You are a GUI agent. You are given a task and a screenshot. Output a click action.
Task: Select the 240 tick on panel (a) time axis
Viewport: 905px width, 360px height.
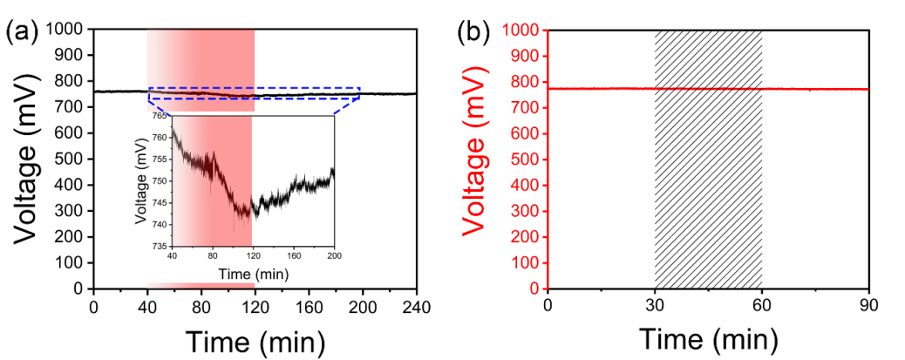point(416,308)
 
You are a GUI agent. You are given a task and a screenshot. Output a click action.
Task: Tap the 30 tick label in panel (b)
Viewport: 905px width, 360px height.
point(655,307)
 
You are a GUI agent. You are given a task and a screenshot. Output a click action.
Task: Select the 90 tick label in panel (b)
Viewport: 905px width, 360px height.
point(868,307)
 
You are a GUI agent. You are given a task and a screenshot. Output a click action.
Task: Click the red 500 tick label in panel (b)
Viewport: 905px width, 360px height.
point(525,159)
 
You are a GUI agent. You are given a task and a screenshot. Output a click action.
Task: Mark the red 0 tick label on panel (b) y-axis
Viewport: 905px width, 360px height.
point(534,289)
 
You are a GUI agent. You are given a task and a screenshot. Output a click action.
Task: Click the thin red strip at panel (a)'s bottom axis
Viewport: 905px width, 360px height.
point(201,285)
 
